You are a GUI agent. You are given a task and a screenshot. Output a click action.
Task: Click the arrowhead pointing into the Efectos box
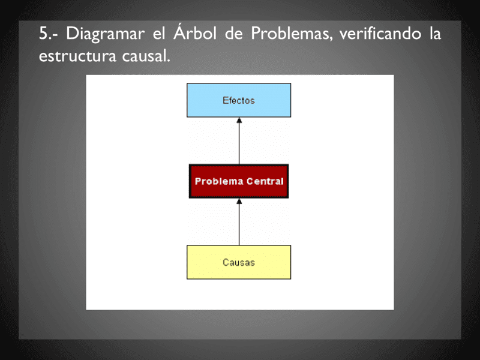[x=239, y=121]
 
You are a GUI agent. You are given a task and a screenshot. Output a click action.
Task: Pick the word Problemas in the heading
[x=291, y=34]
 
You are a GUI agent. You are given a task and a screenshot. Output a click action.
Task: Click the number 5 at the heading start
[x=43, y=34]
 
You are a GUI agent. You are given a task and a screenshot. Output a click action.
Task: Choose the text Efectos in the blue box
[x=239, y=100]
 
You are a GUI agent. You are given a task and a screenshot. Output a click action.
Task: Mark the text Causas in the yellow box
[x=239, y=262]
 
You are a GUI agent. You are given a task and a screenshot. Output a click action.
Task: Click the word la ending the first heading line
[x=435, y=34]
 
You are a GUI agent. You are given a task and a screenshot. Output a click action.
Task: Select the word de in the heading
[x=233, y=34]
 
